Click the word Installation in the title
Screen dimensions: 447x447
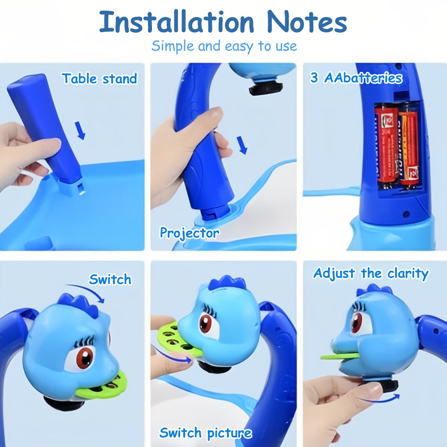177,21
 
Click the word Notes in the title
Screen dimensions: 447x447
307,21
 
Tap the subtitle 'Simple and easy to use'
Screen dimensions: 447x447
224,46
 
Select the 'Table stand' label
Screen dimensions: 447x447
100,79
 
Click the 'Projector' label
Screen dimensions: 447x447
190,233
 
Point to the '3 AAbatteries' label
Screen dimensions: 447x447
356,77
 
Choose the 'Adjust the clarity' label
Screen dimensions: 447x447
371,274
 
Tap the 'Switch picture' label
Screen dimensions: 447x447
206,433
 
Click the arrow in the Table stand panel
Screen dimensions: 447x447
80,131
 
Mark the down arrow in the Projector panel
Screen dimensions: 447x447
242,145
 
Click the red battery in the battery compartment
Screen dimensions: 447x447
386,144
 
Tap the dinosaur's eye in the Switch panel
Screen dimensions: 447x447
84,357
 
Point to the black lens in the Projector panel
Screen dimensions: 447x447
266,87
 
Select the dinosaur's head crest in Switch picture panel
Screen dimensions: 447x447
227,283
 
